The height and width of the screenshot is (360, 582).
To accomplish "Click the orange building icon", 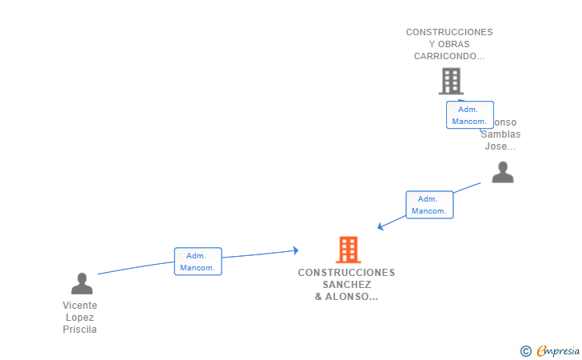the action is pyautogui.click(x=348, y=250).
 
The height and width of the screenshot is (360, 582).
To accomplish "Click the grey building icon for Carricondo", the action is pyautogui.click(x=451, y=81).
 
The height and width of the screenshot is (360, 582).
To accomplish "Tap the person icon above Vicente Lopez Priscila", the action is pyautogui.click(x=82, y=283).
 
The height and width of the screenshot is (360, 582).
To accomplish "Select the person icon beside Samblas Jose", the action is pyautogui.click(x=502, y=172).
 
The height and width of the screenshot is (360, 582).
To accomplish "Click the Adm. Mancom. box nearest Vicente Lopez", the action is pyautogui.click(x=197, y=262).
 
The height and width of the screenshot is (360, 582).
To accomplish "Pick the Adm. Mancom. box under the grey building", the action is pyautogui.click(x=469, y=115).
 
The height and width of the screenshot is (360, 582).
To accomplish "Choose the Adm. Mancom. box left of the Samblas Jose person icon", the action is pyautogui.click(x=429, y=205).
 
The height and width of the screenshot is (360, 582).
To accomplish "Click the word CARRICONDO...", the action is pyautogui.click(x=448, y=56).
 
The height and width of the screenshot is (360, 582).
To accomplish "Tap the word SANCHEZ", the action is pyautogui.click(x=347, y=284).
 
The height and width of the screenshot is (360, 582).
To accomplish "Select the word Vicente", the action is pyautogui.click(x=80, y=306).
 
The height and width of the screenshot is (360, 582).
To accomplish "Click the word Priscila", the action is pyautogui.click(x=80, y=330).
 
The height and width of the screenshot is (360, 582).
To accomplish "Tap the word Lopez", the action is pyautogui.click(x=80, y=318).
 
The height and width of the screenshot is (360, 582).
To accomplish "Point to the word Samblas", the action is pyautogui.click(x=500, y=134).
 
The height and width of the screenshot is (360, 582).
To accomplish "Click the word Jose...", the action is pyautogui.click(x=500, y=146).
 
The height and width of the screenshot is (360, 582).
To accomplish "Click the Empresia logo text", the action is pyautogui.click(x=558, y=350).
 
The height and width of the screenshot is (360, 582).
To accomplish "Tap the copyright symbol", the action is pyautogui.click(x=525, y=350).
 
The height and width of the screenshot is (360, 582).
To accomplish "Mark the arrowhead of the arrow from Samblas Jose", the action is pyautogui.click(x=381, y=227).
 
